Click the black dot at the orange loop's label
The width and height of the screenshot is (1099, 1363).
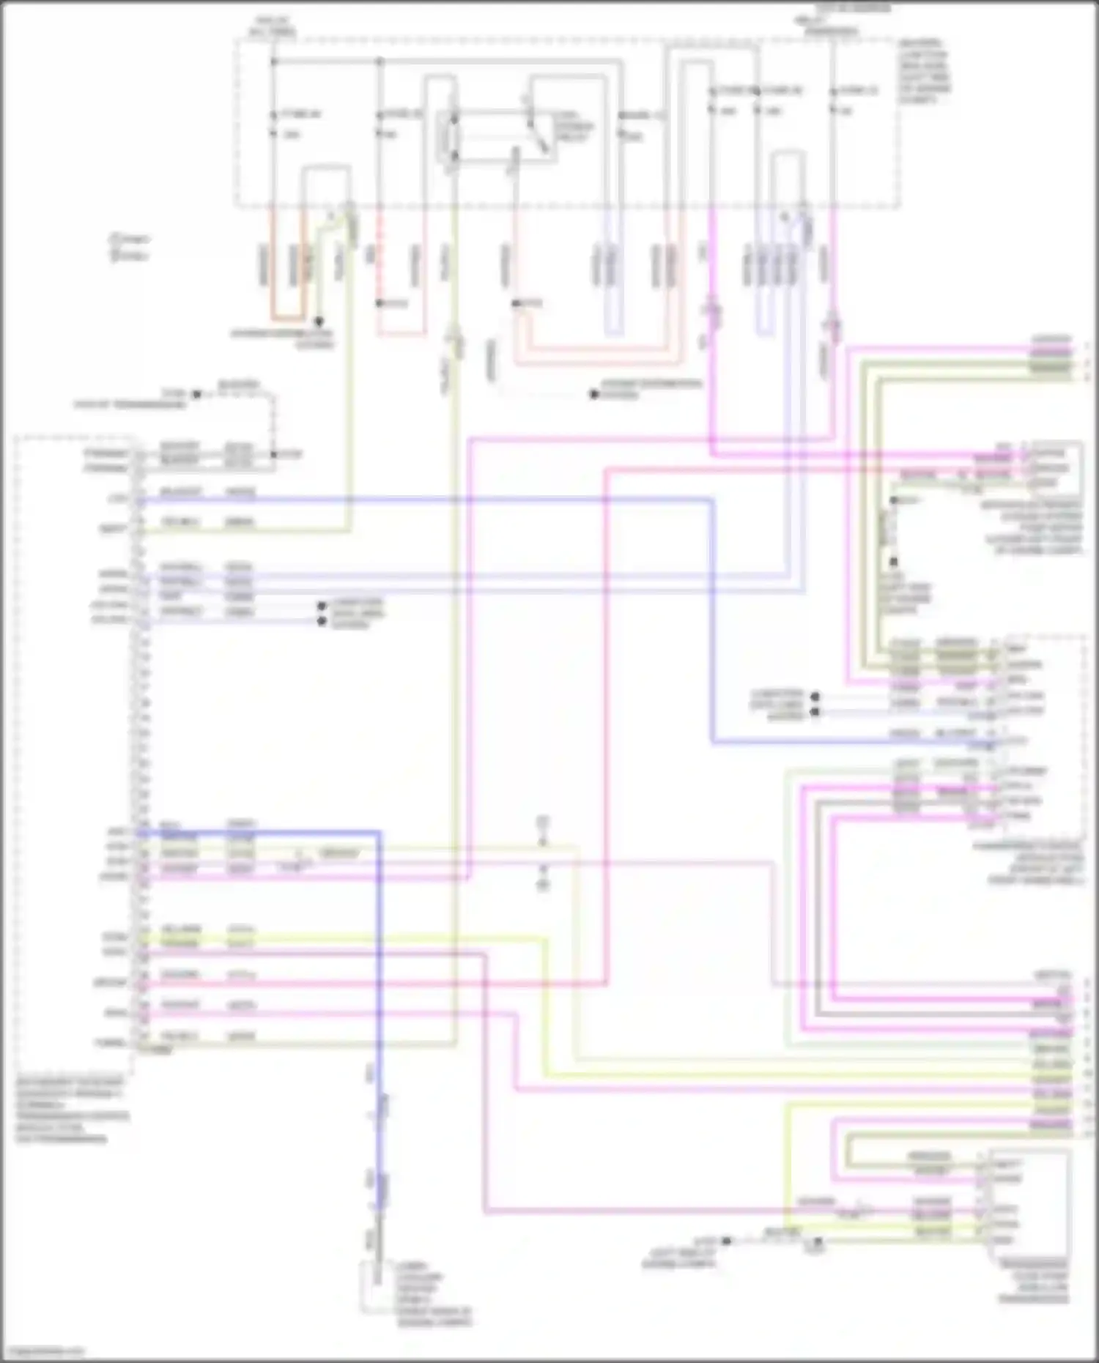(x=319, y=322)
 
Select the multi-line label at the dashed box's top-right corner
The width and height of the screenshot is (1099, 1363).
(x=925, y=71)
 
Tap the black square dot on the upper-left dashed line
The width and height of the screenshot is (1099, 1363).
(x=196, y=394)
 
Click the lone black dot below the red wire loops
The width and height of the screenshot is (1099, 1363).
(x=594, y=394)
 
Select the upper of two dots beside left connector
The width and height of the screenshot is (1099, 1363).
(x=321, y=606)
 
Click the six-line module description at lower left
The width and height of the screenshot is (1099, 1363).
(x=72, y=1110)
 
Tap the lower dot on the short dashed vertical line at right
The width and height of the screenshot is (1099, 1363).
(x=894, y=562)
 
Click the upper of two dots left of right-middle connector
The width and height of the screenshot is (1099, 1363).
(x=815, y=697)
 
